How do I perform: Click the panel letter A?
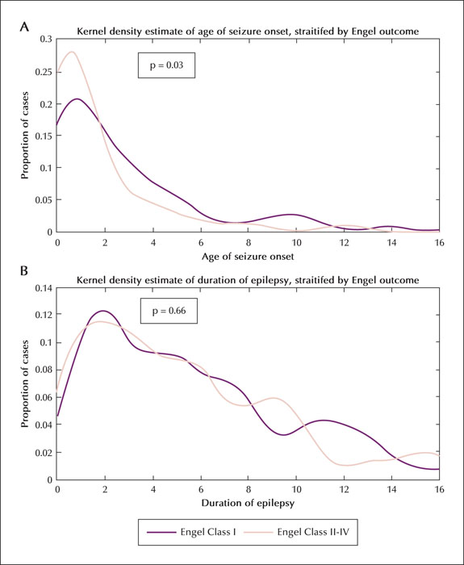tap(23, 27)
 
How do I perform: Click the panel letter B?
tap(23, 270)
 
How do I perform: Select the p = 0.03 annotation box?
tap(166, 65)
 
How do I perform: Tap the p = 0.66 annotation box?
tap(169, 311)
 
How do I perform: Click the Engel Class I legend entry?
tap(191, 532)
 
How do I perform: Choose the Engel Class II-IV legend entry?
tap(296, 532)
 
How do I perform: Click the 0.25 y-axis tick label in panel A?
tap(44, 72)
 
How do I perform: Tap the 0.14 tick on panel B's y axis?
tap(44, 288)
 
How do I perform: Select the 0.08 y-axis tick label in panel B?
tap(44, 370)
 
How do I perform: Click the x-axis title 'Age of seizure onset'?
tap(248, 256)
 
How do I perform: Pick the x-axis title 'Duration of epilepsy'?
tap(248, 503)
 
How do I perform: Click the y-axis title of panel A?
tap(24, 136)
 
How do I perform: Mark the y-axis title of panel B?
tap(24, 383)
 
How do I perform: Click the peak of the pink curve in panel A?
tap(72, 52)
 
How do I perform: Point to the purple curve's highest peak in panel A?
tap(77, 98)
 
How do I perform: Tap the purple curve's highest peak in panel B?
tap(103, 311)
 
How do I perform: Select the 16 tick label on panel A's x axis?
tap(439, 242)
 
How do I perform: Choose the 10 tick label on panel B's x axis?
tap(296, 490)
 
